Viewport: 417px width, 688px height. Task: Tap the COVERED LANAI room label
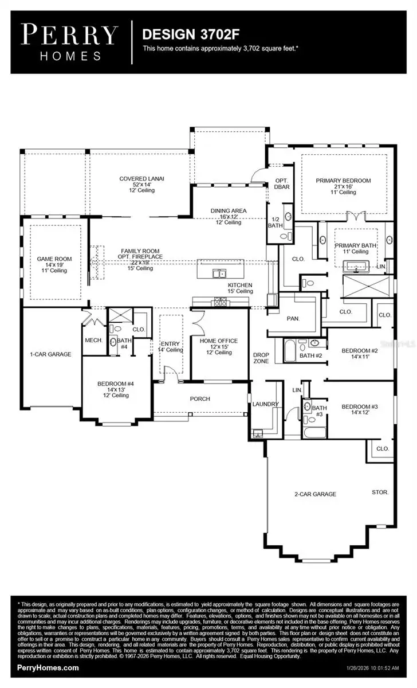[x=141, y=178]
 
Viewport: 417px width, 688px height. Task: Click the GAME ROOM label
[x=54, y=259]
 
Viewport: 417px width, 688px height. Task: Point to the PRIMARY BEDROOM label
[x=343, y=181]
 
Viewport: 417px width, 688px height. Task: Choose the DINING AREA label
[x=229, y=210]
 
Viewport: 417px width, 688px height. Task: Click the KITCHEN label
[x=240, y=285]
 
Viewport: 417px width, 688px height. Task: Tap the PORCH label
[x=200, y=398]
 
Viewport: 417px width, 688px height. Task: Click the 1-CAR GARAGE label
[x=51, y=354]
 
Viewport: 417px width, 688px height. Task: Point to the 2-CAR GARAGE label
[x=312, y=494]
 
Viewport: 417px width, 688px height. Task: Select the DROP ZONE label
[x=261, y=358]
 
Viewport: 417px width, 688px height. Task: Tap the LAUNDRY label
[x=265, y=404]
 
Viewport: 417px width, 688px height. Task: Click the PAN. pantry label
[x=293, y=317]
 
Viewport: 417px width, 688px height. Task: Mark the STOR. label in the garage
[x=380, y=492]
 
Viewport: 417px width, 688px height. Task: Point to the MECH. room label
[x=93, y=340]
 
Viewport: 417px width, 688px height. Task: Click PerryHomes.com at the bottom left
[x=49, y=667]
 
